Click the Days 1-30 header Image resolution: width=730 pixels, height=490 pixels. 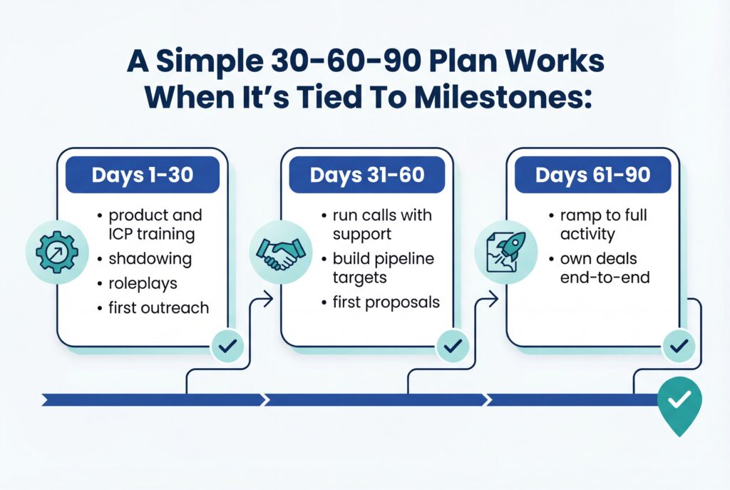click(142, 175)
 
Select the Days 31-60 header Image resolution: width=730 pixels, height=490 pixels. click(366, 175)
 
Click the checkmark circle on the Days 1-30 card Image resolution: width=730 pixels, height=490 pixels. click(228, 347)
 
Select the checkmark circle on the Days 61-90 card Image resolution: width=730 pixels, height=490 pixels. click(678, 347)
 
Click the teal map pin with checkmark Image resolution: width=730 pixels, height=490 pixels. click(679, 402)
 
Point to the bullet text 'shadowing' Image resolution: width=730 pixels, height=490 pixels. click(141, 259)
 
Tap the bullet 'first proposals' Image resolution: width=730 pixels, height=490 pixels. click(386, 302)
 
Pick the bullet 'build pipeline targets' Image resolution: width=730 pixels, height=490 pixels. click(383, 267)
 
